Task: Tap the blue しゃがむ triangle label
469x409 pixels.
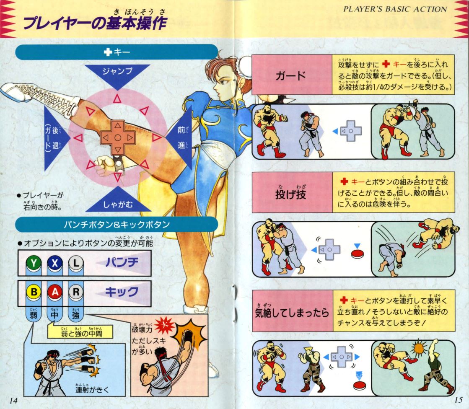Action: [x=117, y=204]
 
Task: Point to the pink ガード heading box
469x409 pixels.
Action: [x=291, y=76]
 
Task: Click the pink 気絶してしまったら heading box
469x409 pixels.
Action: [x=291, y=313]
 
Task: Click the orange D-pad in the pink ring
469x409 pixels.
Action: [x=118, y=137]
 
